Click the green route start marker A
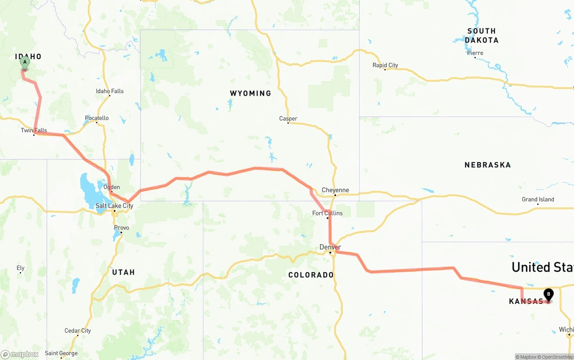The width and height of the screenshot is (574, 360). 25,62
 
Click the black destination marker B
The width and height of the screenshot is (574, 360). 548,295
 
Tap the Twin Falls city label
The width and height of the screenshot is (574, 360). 34,130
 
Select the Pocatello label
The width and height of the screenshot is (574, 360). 97,118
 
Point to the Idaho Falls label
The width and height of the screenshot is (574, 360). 110,91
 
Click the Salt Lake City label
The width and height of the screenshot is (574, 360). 114,206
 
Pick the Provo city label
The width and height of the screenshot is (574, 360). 122,228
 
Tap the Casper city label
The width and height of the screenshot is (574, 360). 288,119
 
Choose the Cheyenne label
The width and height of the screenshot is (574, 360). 335,190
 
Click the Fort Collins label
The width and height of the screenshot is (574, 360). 327,213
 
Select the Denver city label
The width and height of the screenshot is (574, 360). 330,247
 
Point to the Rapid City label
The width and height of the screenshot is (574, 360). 385,65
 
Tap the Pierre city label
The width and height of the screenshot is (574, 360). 475,53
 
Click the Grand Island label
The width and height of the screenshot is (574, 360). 538,200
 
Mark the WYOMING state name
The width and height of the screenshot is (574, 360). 250,93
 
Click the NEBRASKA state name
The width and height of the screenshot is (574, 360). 487,165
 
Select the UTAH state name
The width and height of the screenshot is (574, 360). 123,272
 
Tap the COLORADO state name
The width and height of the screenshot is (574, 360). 311,275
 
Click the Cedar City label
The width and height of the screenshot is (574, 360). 78,331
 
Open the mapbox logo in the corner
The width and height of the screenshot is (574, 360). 20,354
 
